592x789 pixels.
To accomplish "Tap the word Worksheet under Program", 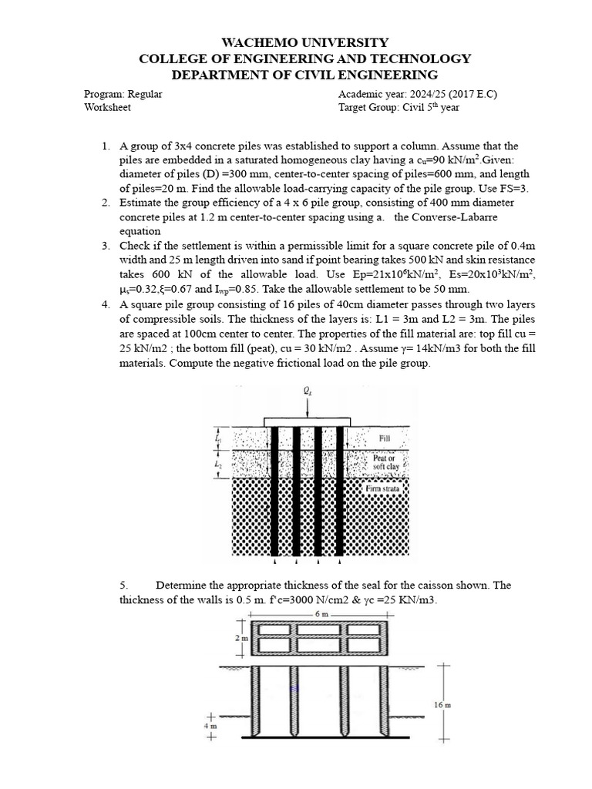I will [107, 107].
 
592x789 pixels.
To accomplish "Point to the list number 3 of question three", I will [105, 246].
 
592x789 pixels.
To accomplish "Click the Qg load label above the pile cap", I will [308, 391].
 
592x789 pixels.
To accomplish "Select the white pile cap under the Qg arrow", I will [308, 421].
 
